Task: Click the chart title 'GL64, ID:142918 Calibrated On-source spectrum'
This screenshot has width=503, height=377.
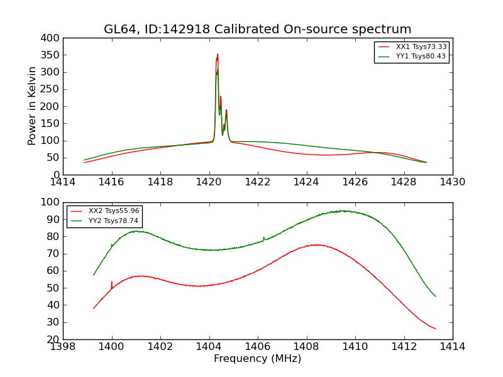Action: point(258,30)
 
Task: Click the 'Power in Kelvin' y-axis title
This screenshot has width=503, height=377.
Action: point(32,106)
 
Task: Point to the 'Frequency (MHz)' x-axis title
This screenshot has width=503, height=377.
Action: point(258,359)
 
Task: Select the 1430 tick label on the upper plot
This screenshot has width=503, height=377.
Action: point(452,182)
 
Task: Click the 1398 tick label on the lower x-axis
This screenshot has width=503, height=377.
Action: point(64,346)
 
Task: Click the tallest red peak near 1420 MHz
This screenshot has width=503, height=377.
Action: point(218,55)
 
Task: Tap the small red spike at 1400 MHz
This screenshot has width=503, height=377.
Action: point(112,282)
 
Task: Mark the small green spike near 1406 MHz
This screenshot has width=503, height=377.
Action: point(263,238)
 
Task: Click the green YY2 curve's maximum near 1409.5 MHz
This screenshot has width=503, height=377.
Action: point(343,211)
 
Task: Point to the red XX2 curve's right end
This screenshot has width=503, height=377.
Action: point(435,329)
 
